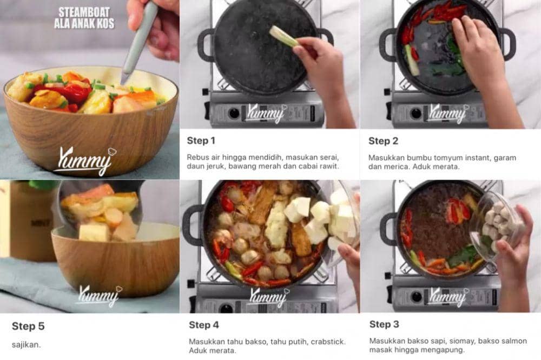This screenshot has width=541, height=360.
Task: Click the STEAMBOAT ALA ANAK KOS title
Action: click(x=84, y=18)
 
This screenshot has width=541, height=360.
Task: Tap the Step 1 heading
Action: click(x=201, y=141)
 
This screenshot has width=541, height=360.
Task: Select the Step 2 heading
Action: click(x=383, y=141)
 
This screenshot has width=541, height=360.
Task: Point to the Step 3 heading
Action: click(x=384, y=324)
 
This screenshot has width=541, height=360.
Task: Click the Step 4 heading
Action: click(x=204, y=325)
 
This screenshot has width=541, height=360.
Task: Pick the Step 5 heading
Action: click(x=28, y=326)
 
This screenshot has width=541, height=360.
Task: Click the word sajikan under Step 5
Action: click(x=26, y=344)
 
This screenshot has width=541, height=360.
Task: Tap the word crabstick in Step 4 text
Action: click(x=328, y=342)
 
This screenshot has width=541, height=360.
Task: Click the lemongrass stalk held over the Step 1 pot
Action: click(x=283, y=36)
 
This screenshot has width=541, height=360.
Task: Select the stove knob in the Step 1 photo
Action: click(x=233, y=113)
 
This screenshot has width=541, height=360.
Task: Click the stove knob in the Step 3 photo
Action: click(x=416, y=296)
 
